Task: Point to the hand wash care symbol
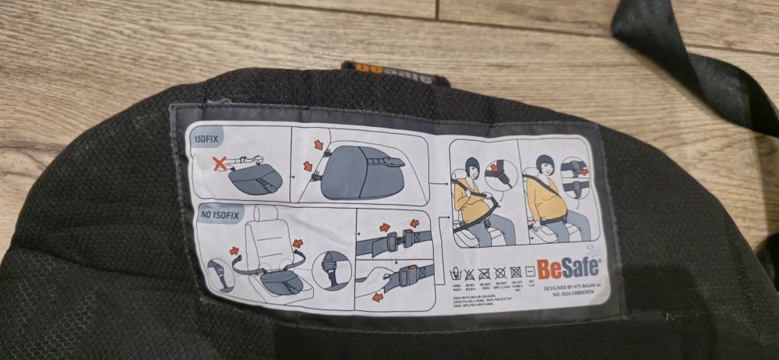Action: click(x=455, y=273)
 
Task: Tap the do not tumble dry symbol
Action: click(x=515, y=272)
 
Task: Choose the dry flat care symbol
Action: click(x=530, y=271)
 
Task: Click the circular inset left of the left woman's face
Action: click(x=500, y=174)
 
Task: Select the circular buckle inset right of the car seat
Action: click(x=330, y=270)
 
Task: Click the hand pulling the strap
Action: click(x=372, y=275)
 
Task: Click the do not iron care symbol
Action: click(x=484, y=273)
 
